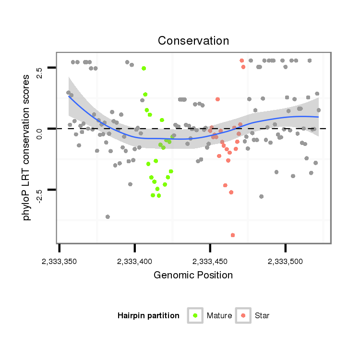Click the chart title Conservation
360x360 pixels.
point(193,41)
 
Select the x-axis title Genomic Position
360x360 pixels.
point(193,276)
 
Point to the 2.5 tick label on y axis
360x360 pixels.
point(39,70)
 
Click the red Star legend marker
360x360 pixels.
point(243,315)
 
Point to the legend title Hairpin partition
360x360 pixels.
point(148,316)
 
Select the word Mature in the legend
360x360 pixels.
point(219,316)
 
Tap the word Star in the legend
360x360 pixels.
point(263,316)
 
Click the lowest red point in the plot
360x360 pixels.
point(233,235)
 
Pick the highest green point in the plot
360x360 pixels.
point(144,69)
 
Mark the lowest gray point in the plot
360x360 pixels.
point(108,217)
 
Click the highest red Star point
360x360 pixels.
point(242,60)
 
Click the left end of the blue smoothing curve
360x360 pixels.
point(69,96)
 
